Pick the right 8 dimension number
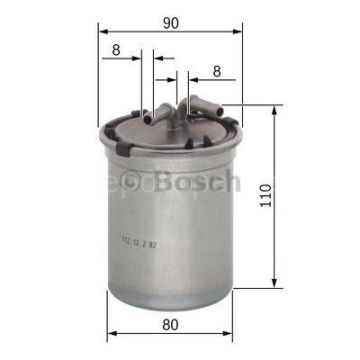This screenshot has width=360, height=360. click(216, 72)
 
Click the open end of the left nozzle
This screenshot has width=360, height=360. click(146, 114)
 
